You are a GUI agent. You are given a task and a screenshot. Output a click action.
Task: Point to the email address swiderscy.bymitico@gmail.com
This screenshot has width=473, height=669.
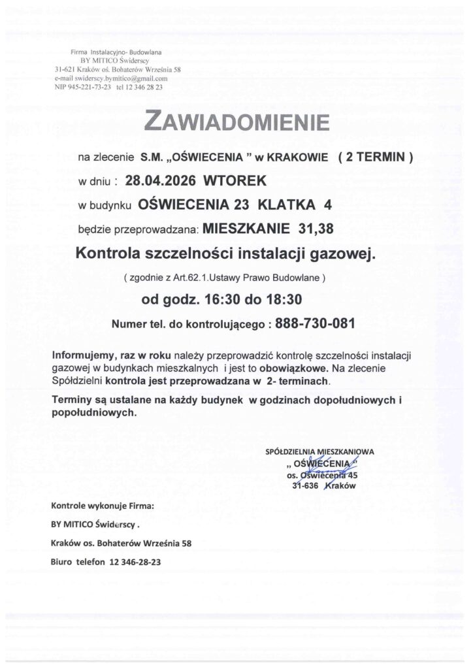point(118,78)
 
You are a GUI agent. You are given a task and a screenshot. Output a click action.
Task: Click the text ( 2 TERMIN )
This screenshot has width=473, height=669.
point(374,157)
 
